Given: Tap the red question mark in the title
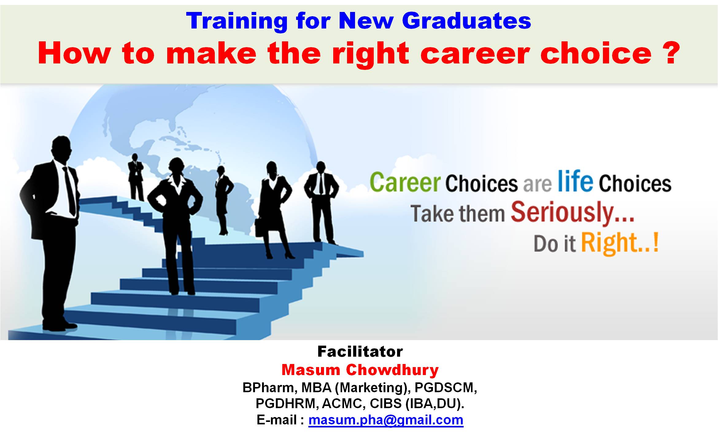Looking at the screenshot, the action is click(671, 52).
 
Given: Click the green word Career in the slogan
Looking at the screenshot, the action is click(405, 183).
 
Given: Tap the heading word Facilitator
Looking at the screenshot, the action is click(360, 351).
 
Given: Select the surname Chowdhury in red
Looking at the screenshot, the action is click(392, 370).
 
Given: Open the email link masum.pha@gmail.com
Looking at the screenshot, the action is click(386, 420).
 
